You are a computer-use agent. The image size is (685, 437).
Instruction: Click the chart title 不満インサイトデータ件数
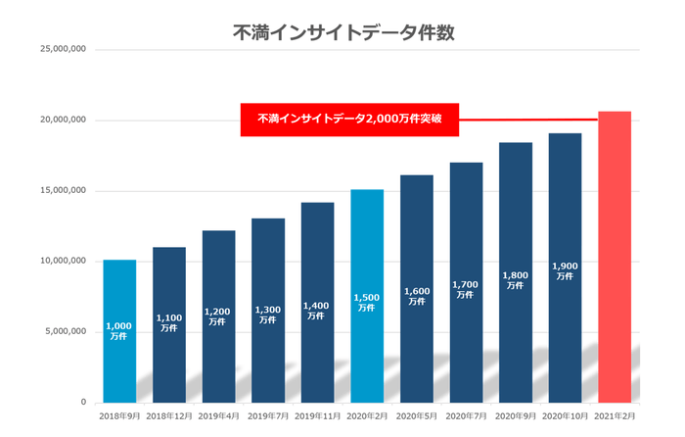pos(342,31)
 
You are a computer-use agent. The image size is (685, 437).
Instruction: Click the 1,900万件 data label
pos(565,271)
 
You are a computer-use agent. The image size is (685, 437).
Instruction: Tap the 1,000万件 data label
pos(119,331)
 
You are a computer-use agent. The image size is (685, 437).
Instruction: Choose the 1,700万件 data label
pos(466,290)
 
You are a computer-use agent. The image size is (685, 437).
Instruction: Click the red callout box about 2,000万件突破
pos(349,120)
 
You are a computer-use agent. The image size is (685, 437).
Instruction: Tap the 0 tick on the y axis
pos(83,402)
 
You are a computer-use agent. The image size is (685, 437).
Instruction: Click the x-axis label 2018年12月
pos(168,417)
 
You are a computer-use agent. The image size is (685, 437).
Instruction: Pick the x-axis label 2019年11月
pos(317,417)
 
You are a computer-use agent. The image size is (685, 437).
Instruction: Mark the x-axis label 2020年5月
pos(416,417)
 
